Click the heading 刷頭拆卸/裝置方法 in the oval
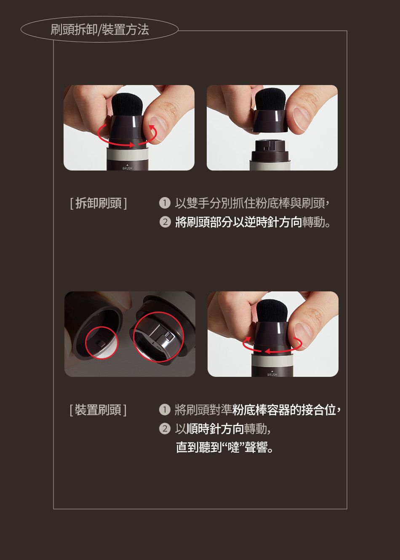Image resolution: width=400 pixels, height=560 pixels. point(100,29)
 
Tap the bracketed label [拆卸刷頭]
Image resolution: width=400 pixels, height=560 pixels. point(99,203)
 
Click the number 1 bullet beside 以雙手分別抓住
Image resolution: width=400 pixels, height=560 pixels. point(165,203)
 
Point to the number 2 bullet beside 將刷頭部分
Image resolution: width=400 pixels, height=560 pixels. point(165,222)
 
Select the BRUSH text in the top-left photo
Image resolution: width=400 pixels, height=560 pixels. point(127,168)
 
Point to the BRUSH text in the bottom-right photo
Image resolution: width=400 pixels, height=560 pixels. point(272,374)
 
